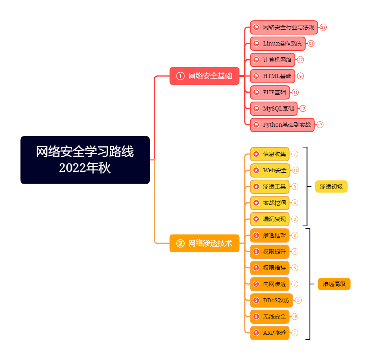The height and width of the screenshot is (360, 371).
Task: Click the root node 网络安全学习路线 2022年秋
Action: [x=85, y=160]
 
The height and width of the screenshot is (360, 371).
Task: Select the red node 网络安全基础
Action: [x=204, y=76]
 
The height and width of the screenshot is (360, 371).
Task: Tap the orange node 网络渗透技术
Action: [x=204, y=243]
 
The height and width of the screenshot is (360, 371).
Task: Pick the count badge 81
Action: [x=311, y=43]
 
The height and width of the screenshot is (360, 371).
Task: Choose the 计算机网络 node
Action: [x=272, y=60]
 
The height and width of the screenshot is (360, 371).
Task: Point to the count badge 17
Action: [x=320, y=125]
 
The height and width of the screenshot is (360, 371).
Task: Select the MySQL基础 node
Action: [x=274, y=108]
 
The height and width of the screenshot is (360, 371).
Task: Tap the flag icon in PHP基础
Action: [x=256, y=92]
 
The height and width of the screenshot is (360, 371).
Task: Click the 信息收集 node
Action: [x=269, y=154]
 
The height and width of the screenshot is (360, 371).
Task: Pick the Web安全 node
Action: [x=270, y=170]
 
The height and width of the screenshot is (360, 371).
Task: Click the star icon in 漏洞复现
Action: [x=256, y=219]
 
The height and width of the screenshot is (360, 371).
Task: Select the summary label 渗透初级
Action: [x=331, y=187]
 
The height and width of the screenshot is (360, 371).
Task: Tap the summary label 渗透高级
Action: [x=334, y=284]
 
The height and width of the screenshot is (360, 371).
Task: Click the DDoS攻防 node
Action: [x=271, y=300]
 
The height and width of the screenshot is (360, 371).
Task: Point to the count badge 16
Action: [x=295, y=317]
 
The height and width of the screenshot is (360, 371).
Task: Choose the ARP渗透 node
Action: [x=269, y=333]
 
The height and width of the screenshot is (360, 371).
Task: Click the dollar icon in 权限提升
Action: [x=256, y=252]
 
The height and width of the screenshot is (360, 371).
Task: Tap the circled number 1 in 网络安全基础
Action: [x=180, y=76]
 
